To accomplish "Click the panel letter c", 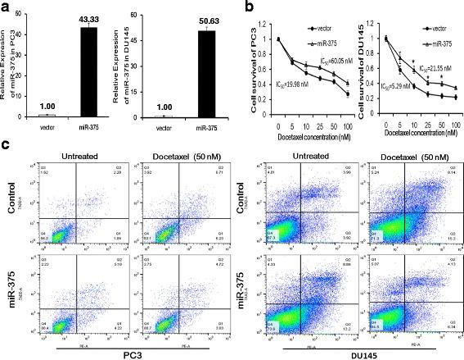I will pos(6,145).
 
